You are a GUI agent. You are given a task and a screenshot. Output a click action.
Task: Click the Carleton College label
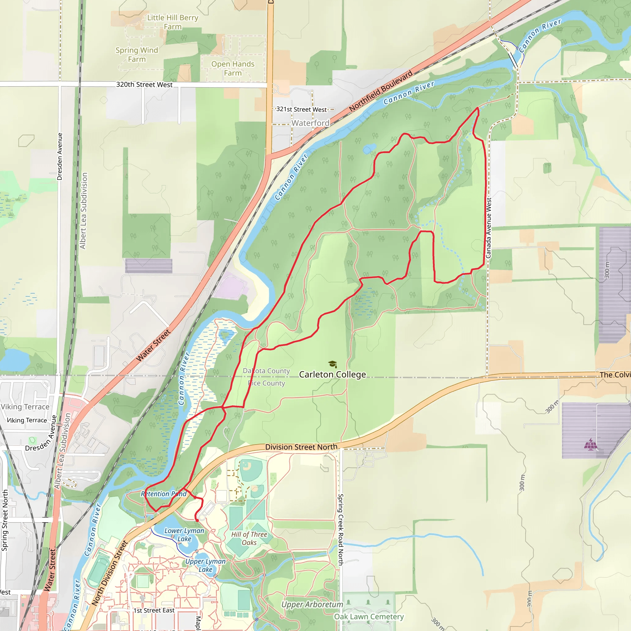pos(332,374)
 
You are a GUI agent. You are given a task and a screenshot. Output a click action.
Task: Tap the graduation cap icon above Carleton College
pos(332,364)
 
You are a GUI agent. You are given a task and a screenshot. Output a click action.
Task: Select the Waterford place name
pos(310,123)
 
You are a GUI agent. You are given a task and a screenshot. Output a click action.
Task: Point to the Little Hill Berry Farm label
pos(173,22)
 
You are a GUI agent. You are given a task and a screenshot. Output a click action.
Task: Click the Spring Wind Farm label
pos(137,55)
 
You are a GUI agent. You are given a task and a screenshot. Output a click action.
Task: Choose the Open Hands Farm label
pos(233,68)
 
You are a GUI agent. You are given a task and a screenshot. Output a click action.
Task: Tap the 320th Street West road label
pos(145,85)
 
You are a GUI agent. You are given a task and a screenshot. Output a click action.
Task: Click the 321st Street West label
pos(301,109)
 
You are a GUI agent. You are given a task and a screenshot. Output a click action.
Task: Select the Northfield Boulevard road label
pos(381,91)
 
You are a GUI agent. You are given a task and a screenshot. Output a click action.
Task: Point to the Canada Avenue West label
pos(489,228)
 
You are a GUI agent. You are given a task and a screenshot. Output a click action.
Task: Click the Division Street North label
pos(301,447)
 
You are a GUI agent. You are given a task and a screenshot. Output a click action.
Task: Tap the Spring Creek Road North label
pos(340,529)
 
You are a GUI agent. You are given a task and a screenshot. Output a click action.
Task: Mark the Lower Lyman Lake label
pos(184,535)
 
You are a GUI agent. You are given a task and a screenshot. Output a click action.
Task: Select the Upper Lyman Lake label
pos(206,565)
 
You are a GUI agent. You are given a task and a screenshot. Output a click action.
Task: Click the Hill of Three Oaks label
pos(249,539)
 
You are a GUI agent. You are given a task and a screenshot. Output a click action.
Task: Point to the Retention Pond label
pos(164,494)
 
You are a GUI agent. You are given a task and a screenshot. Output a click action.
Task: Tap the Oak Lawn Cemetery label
pos(369,617)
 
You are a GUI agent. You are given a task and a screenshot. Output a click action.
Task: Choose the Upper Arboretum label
pos(312,605)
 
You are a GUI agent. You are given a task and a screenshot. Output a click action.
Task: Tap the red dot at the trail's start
pos(197,520)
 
